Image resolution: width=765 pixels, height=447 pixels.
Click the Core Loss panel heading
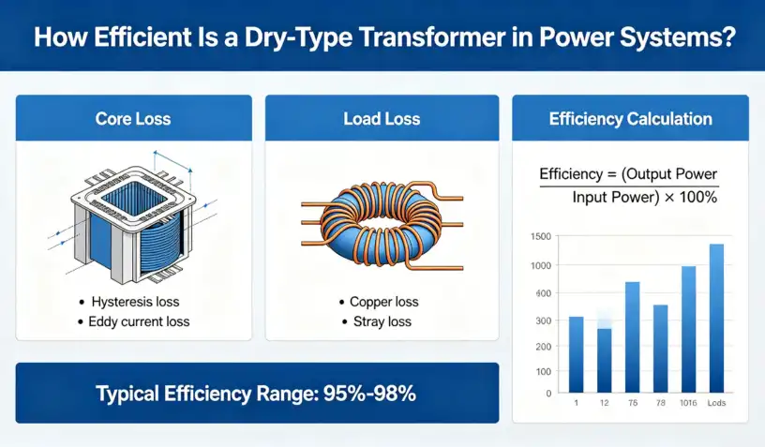(x=133, y=119)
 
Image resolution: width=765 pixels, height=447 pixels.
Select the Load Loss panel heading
(x=382, y=119)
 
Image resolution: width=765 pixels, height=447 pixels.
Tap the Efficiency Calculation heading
(x=630, y=119)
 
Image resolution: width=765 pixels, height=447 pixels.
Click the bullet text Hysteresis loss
(x=135, y=302)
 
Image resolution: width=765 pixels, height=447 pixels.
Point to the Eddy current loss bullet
(x=139, y=321)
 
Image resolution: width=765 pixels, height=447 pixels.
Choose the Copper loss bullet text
(x=384, y=302)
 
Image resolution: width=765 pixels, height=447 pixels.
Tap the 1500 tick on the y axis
(x=541, y=236)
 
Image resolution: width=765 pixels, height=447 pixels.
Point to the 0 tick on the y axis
(x=548, y=394)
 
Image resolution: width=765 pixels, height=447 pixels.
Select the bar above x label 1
(x=577, y=355)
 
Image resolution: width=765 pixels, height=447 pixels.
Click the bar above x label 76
(x=632, y=337)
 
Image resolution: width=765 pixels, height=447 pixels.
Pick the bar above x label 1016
(x=688, y=330)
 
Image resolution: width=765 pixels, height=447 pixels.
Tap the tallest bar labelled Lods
(x=716, y=319)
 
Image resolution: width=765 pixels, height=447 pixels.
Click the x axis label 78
(x=661, y=403)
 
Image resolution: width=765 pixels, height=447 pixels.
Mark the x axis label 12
(x=605, y=403)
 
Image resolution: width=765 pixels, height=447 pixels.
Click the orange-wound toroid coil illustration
(x=382, y=225)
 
